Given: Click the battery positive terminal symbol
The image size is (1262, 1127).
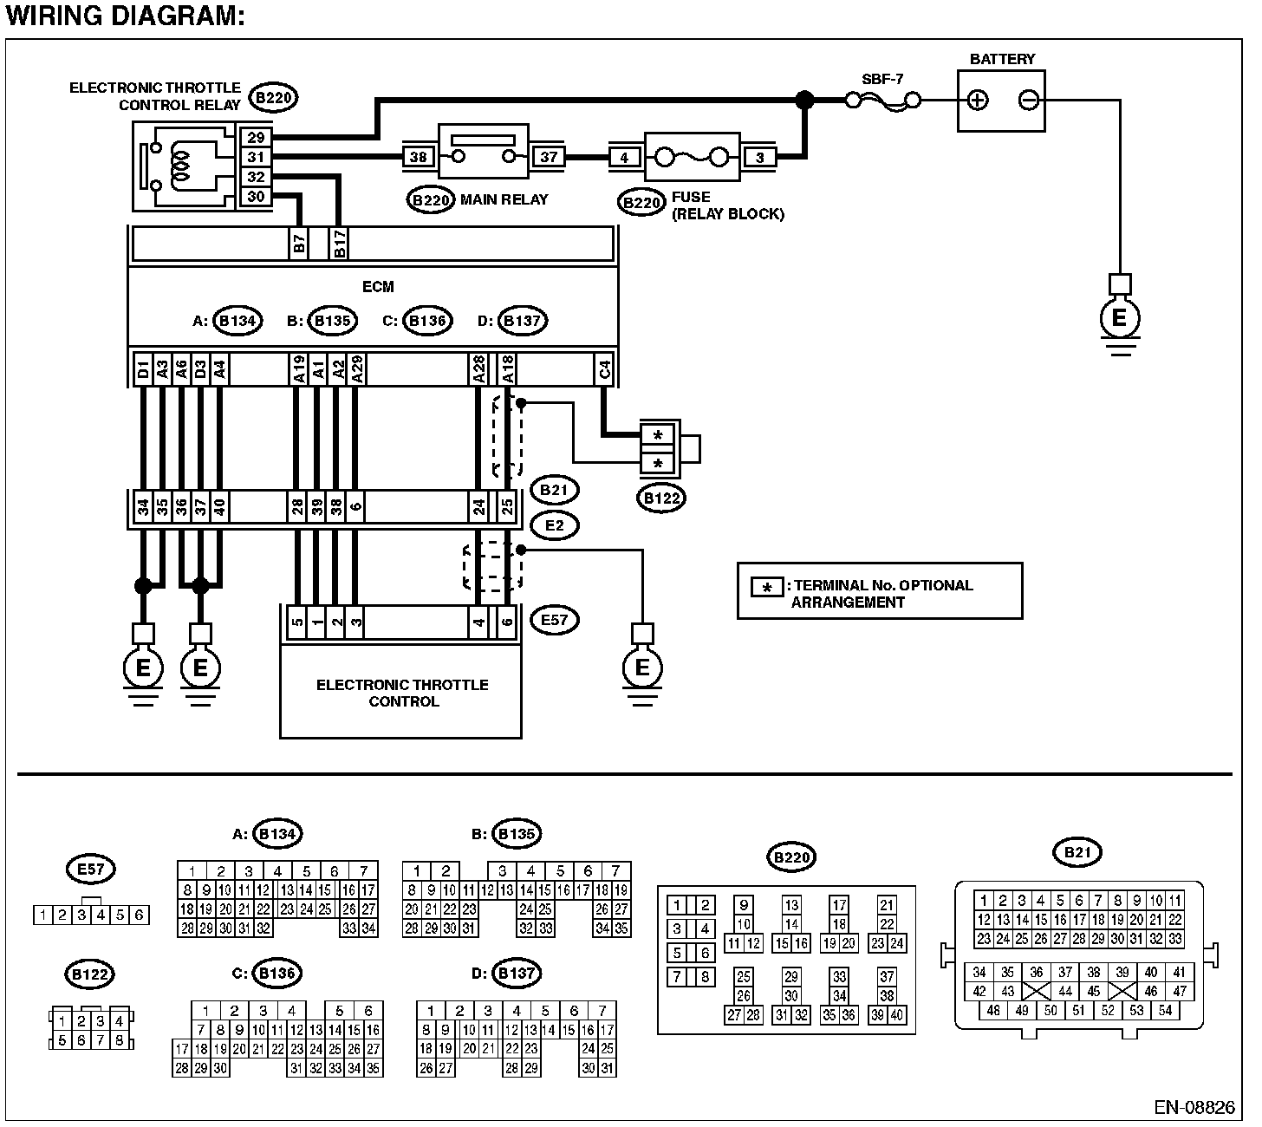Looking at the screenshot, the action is (978, 100).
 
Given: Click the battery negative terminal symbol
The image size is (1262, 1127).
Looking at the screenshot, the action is (1029, 100).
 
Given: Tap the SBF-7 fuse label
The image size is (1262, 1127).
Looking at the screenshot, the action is (882, 79).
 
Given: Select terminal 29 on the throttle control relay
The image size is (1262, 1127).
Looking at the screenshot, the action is (256, 138).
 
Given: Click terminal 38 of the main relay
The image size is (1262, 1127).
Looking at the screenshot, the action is (418, 157).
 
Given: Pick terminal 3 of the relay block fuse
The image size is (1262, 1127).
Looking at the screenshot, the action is (760, 158).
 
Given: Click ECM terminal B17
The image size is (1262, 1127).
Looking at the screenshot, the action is (339, 243).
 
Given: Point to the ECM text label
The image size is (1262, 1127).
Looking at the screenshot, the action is (378, 287).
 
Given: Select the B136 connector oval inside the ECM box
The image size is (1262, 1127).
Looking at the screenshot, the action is (427, 321).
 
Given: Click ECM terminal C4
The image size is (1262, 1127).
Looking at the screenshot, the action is (604, 370).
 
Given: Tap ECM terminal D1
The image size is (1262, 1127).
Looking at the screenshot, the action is (143, 370).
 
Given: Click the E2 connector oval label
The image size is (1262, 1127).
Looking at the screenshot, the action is (555, 525).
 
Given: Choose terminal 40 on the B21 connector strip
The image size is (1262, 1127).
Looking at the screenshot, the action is (219, 506).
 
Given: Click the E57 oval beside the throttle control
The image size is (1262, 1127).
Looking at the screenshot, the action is (555, 620).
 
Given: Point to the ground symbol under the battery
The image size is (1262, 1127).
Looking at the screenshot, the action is (1120, 319).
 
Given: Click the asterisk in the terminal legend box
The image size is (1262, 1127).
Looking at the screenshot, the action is (767, 588).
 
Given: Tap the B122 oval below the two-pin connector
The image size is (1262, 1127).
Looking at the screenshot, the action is (661, 498).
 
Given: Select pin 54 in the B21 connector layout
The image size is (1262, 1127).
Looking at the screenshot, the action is (1165, 1010).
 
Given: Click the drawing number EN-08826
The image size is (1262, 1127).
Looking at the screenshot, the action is (1194, 1107).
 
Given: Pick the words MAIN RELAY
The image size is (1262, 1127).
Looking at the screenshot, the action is (504, 199).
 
